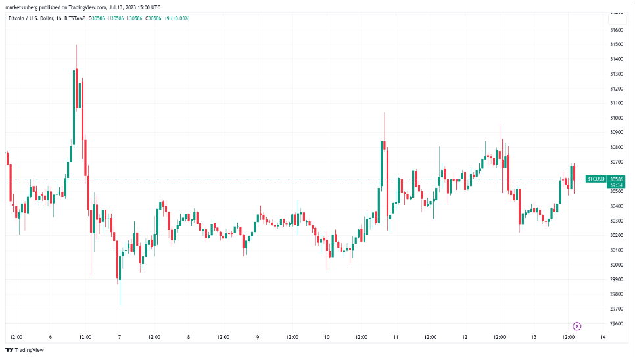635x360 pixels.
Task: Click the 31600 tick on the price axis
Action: point(617,30)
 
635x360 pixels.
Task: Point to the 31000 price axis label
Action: point(617,118)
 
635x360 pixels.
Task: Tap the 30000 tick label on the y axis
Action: point(617,265)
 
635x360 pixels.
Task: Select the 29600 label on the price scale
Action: point(617,323)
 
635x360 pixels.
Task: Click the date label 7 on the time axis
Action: point(119,337)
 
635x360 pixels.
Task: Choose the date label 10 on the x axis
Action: point(327,337)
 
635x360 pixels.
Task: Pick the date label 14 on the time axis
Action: point(603,337)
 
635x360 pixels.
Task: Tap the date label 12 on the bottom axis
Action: point(465,337)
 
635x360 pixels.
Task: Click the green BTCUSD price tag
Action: point(595,179)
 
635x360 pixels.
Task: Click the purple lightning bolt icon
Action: point(577,326)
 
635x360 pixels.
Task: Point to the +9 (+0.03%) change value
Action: point(178,18)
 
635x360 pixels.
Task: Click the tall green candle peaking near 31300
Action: point(74,105)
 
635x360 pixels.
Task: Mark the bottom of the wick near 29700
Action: point(120,305)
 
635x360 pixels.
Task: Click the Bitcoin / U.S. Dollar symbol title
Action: point(32,18)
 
